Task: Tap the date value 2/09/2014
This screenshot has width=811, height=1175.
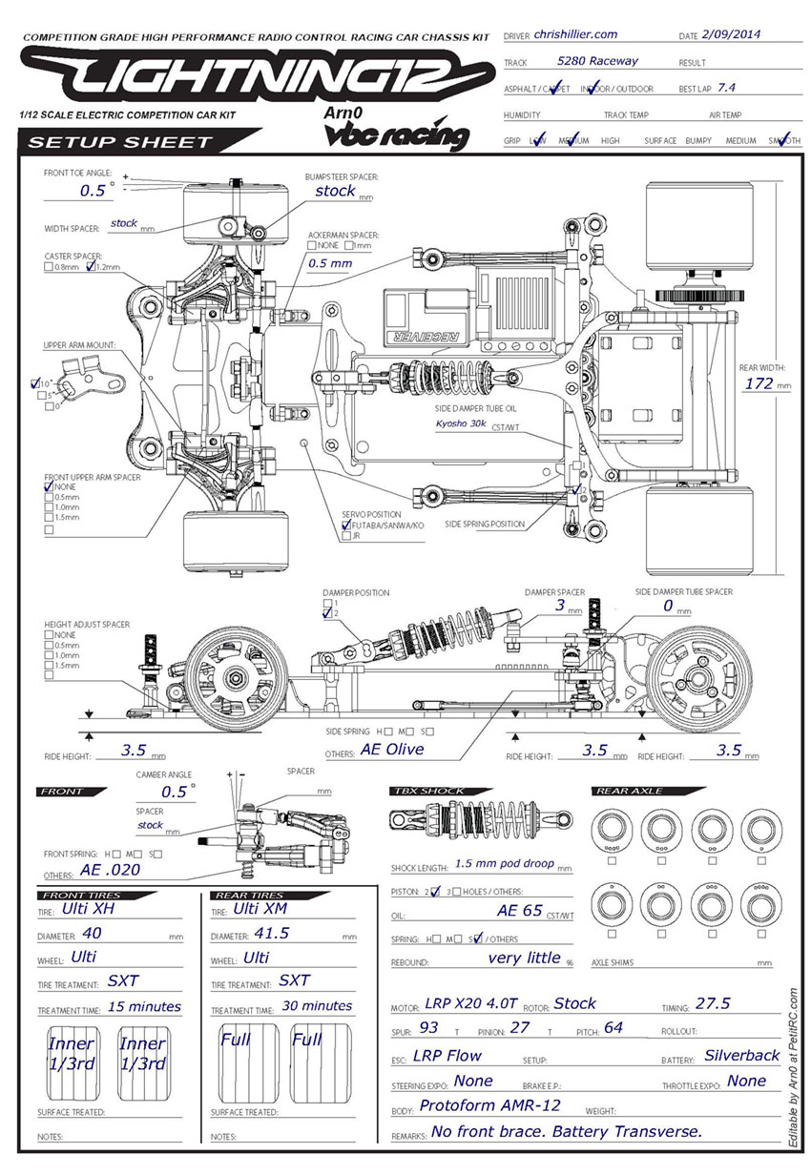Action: pos(735,35)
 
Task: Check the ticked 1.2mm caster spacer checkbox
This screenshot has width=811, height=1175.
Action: pos(91,268)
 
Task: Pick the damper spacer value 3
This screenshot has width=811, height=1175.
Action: pos(560,605)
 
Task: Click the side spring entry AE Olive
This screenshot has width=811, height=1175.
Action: pos(391,749)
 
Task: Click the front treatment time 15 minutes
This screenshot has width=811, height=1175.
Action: pos(143,1005)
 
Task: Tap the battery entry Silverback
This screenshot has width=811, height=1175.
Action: pos(741,1055)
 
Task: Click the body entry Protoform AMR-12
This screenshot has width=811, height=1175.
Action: pos(489,1105)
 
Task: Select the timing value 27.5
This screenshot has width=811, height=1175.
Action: pos(713,1003)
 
